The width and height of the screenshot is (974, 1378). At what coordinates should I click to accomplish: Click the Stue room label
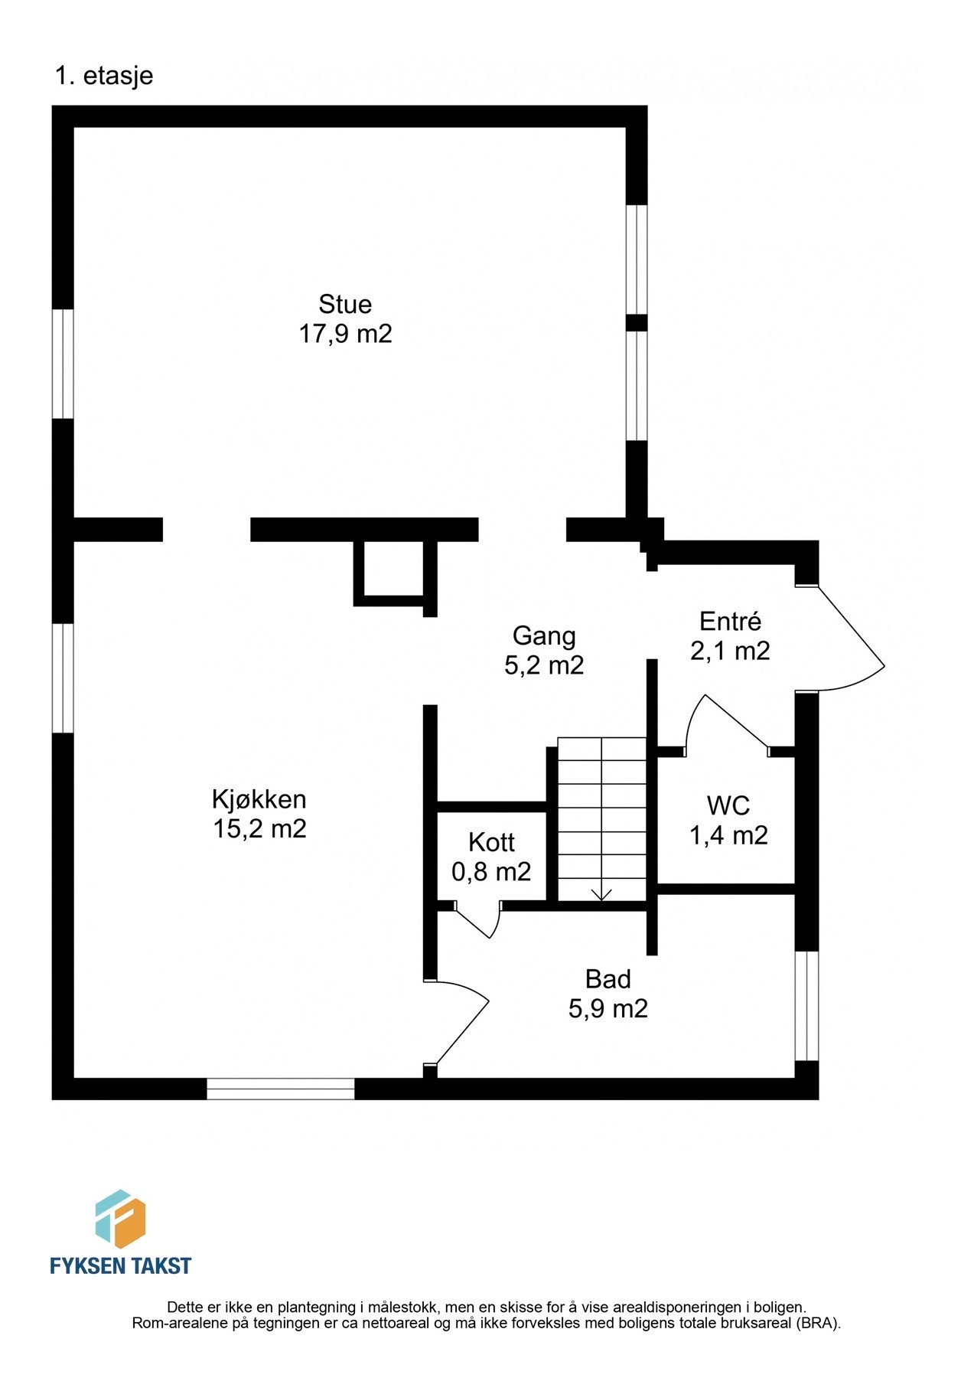345,304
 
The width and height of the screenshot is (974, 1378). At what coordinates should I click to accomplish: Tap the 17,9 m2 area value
345,334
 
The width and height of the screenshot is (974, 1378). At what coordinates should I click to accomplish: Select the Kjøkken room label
259,799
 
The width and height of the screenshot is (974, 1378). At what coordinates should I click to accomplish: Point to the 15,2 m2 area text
259,828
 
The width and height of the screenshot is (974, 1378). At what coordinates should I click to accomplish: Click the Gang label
544,635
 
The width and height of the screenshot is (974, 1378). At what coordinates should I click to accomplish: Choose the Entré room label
730,621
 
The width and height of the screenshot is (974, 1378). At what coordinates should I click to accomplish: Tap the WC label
728,805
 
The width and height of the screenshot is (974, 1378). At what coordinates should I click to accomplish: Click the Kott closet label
491,842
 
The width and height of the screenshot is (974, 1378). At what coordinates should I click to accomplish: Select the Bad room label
608,978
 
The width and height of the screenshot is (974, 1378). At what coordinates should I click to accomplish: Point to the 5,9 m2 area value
608,1008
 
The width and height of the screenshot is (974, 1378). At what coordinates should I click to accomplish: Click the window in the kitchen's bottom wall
281,1089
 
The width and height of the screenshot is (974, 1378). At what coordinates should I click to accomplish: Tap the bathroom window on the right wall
806,1006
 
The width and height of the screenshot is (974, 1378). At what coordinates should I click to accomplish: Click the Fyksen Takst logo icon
120,1219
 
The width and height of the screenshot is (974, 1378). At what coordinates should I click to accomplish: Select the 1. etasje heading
104,76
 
